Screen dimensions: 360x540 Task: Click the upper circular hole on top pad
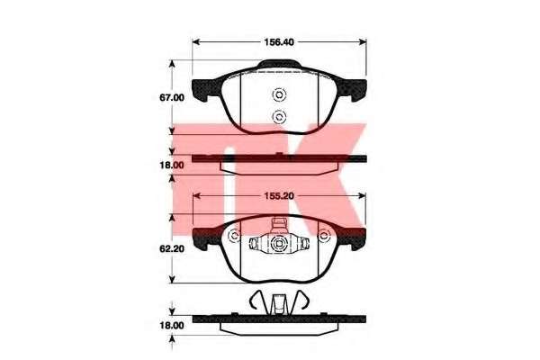pos(278,94)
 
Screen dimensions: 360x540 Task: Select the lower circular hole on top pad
pos(278,115)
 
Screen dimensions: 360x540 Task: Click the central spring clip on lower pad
pos(278,242)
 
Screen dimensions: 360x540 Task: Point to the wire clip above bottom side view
pos(278,303)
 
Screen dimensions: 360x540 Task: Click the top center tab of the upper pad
pos(280,64)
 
